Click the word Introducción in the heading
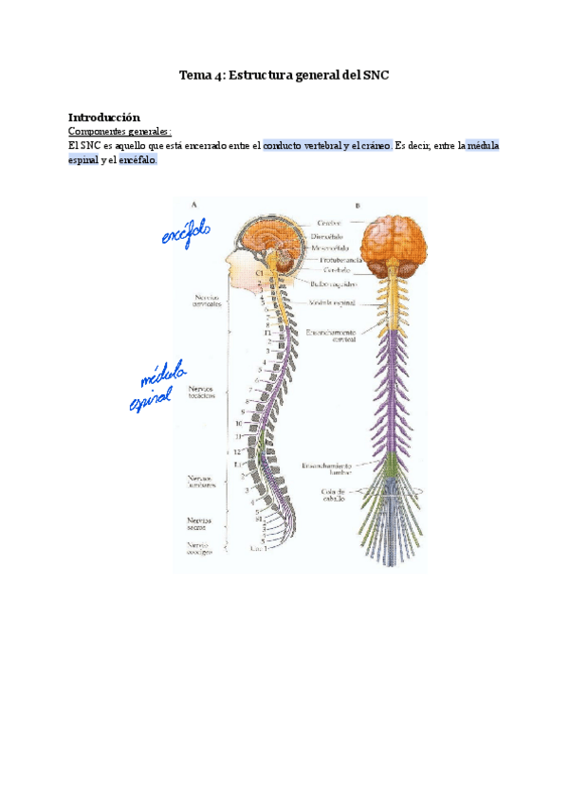point(104,117)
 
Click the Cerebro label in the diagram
point(329,224)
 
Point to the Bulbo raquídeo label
point(331,283)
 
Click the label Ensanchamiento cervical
point(331,337)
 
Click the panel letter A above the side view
point(194,204)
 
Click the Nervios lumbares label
point(203,483)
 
